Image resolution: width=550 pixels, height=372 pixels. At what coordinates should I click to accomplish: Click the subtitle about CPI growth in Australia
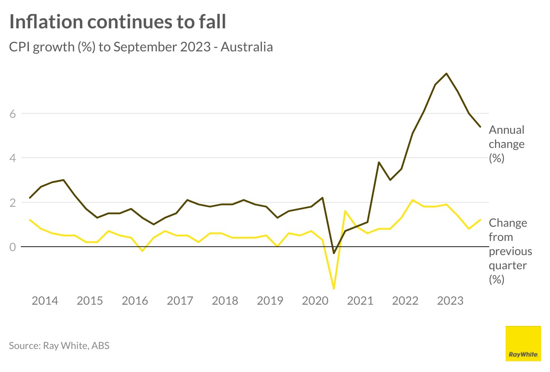[141, 46]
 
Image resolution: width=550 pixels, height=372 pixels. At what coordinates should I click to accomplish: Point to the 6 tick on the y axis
[13, 114]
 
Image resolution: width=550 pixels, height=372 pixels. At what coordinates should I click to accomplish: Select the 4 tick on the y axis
[13, 158]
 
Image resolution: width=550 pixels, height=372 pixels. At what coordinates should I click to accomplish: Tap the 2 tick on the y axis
[13, 202]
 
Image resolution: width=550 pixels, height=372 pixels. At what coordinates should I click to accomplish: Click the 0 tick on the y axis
[13, 247]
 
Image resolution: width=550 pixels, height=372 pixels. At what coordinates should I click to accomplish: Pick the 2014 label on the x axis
[45, 301]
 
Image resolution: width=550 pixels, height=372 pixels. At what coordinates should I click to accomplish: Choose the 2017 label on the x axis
[180, 301]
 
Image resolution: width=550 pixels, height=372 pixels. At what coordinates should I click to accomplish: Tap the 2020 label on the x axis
[315, 301]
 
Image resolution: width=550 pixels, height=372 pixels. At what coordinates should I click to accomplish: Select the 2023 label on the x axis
[450, 301]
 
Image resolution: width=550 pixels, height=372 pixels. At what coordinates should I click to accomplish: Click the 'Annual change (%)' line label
[507, 144]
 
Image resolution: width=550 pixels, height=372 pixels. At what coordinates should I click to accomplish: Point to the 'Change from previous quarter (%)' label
[510, 251]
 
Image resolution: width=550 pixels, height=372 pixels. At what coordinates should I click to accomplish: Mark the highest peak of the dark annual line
[446, 74]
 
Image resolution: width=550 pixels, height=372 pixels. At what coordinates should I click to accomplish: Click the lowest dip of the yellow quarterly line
[334, 289]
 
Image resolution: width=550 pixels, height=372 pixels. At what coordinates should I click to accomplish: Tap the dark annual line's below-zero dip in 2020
[334, 253]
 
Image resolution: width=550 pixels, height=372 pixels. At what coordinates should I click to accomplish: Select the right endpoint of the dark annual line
[480, 127]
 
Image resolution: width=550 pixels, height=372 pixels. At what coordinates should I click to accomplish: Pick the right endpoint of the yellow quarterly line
[480, 220]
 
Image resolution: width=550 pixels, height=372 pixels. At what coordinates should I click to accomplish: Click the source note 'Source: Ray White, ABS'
[59, 346]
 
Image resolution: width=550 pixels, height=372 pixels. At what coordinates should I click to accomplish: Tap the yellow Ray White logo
[523, 344]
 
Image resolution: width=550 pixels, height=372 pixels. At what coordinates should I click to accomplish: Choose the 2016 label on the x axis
[135, 301]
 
